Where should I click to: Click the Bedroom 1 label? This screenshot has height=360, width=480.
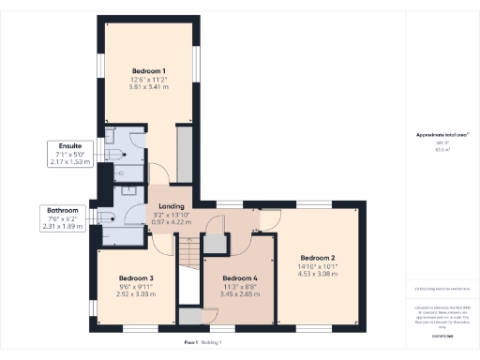click(149, 72)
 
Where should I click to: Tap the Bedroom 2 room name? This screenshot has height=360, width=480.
click(318, 256)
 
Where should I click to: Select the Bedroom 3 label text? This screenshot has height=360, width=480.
click(136, 277)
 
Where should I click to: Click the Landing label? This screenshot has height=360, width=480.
click(171, 206)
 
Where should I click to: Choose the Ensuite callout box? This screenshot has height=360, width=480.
click(70, 154)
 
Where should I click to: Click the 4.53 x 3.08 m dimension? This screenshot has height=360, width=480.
click(318, 273)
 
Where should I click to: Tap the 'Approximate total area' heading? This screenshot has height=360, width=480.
click(442, 135)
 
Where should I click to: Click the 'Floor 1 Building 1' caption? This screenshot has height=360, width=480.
click(208, 344)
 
